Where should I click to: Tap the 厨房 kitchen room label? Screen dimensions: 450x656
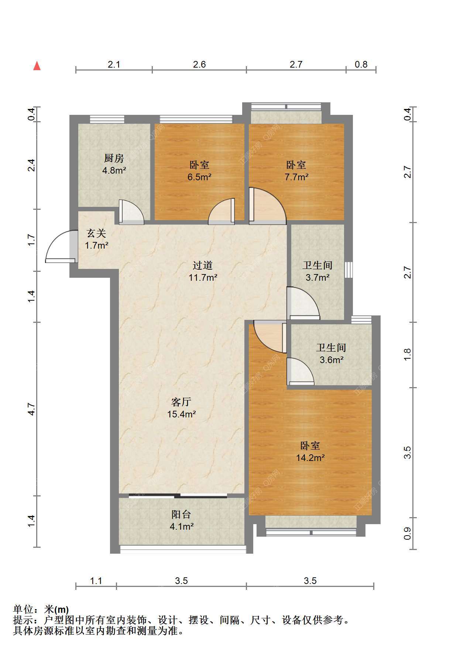pyautogui.click(x=114, y=158)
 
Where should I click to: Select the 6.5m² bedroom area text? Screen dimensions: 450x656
pyautogui.click(x=199, y=177)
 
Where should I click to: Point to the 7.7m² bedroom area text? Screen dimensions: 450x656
pyautogui.click(x=296, y=177)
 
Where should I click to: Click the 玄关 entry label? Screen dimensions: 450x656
pyautogui.click(x=96, y=233)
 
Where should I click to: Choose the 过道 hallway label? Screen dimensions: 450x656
pyautogui.click(x=203, y=265)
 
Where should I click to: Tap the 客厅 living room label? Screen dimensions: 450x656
pyautogui.click(x=181, y=402)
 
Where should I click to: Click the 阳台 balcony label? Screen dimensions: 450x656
pyautogui.click(x=181, y=514)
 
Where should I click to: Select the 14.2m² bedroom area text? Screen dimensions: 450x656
pyautogui.click(x=310, y=458)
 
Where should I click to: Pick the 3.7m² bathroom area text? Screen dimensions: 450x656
pyautogui.click(x=317, y=277)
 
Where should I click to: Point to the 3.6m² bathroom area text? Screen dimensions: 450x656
pyautogui.click(x=332, y=360)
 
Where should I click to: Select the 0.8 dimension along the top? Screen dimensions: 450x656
pyautogui.click(x=361, y=65)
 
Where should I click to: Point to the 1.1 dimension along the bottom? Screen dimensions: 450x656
pyautogui.click(x=96, y=581)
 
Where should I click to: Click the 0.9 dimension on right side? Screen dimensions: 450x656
pyautogui.click(x=407, y=533)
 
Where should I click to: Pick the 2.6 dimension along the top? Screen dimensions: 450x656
pyautogui.click(x=199, y=65)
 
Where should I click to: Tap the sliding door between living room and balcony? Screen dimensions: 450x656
pyautogui.click(x=178, y=496)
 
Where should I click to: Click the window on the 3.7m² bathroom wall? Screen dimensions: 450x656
pyautogui.click(x=348, y=270)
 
